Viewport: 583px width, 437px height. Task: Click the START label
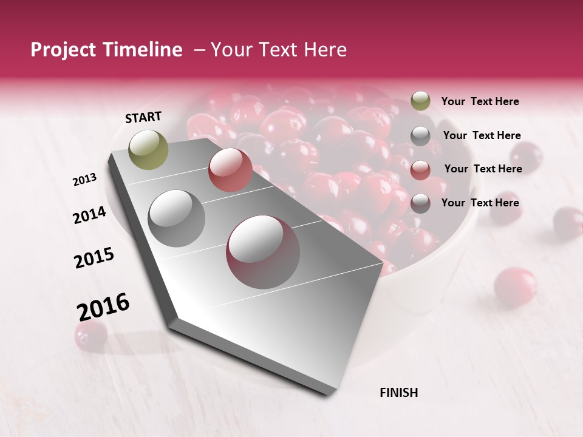(x=143, y=117)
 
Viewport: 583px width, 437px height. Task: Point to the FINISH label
(x=398, y=393)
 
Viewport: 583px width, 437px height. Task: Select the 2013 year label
(x=85, y=180)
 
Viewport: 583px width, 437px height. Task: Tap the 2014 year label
(x=89, y=215)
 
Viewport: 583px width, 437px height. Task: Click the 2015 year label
(x=94, y=258)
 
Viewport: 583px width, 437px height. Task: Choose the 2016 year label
(x=103, y=307)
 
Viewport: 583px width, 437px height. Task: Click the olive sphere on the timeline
(x=149, y=149)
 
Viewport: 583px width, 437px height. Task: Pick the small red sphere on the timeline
(x=230, y=170)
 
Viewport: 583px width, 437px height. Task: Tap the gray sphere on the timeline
(x=177, y=218)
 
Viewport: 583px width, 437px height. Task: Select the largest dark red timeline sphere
(x=263, y=252)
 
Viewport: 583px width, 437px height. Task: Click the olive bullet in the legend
(x=420, y=101)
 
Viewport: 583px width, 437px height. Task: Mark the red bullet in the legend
(x=420, y=170)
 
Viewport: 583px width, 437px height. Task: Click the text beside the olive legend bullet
(x=480, y=101)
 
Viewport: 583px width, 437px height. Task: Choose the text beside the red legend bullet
(x=483, y=169)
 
